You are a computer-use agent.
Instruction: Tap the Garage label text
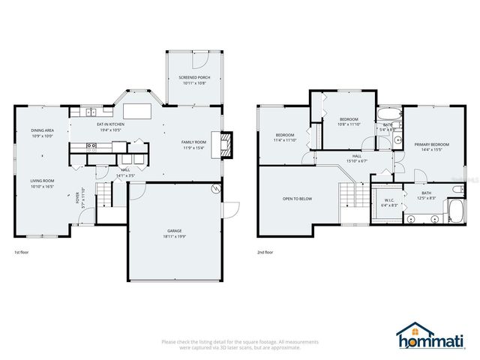pyautogui.click(x=175, y=230)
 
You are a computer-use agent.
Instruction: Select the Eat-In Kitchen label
pyautogui.click(x=109, y=124)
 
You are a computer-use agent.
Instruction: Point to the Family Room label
pyautogui.click(x=193, y=142)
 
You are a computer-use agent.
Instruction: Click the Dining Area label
pyautogui.click(x=42, y=130)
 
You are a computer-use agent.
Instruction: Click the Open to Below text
pyautogui.click(x=297, y=199)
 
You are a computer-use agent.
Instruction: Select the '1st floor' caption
pyautogui.click(x=22, y=253)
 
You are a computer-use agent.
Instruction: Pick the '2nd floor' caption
pyautogui.click(x=265, y=253)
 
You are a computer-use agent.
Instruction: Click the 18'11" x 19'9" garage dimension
pyautogui.click(x=175, y=235)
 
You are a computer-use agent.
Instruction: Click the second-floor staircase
pyautogui.click(x=347, y=197)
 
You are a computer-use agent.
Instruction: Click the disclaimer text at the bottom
pyautogui.click(x=240, y=344)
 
